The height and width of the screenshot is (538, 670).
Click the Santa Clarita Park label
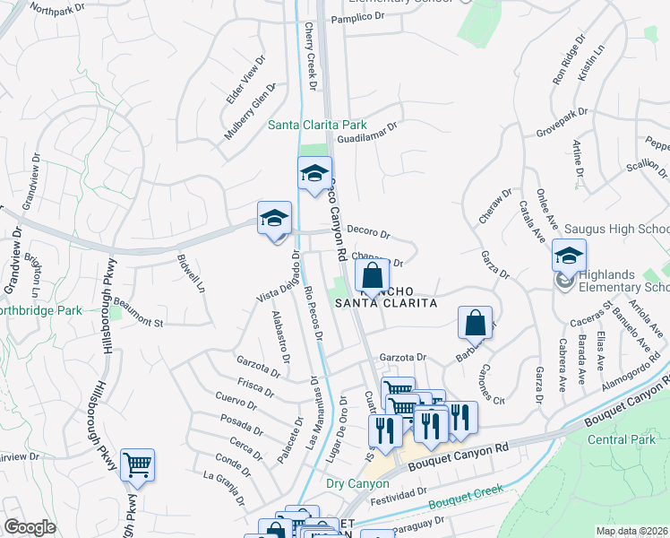point(318,125)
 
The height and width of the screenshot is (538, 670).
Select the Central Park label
point(620,439)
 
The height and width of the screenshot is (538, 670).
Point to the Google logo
point(30,527)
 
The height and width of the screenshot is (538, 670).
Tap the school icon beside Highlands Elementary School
point(568,256)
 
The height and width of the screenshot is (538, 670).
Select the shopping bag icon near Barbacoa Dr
point(476,322)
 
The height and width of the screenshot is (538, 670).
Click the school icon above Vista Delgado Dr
point(275,219)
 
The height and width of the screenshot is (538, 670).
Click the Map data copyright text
point(631,531)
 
